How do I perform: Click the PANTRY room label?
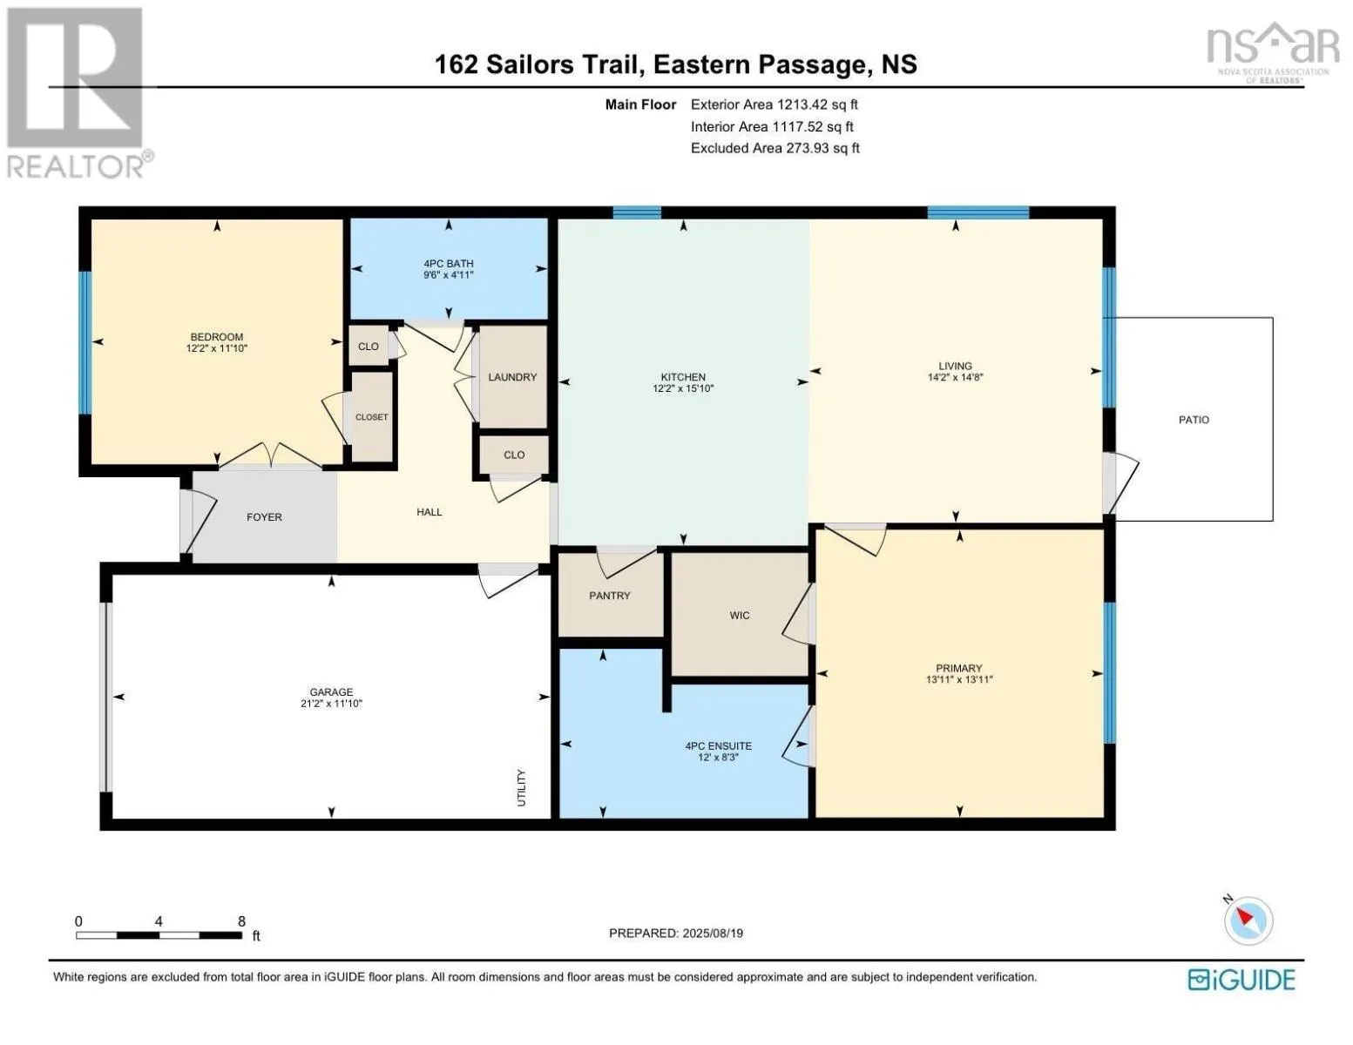(609, 596)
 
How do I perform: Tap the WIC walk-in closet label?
(740, 616)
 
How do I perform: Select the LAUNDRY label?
(512, 377)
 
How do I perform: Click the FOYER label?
(264, 517)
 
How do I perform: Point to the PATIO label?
(1194, 420)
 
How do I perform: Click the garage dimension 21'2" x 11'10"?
(331, 704)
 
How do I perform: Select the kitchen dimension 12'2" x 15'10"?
(683, 388)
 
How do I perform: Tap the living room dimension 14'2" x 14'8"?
(955, 378)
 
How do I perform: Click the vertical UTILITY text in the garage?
(522, 787)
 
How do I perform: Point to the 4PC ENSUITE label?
(718, 746)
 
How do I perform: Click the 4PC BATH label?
(449, 264)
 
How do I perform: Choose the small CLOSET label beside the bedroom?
(371, 417)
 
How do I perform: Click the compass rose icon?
(1248, 920)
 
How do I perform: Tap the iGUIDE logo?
(1241, 980)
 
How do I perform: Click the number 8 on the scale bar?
(241, 921)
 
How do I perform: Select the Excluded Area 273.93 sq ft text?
(775, 148)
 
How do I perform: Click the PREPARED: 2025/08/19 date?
(676, 934)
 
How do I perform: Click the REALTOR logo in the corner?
(77, 92)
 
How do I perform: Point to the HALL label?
(429, 512)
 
